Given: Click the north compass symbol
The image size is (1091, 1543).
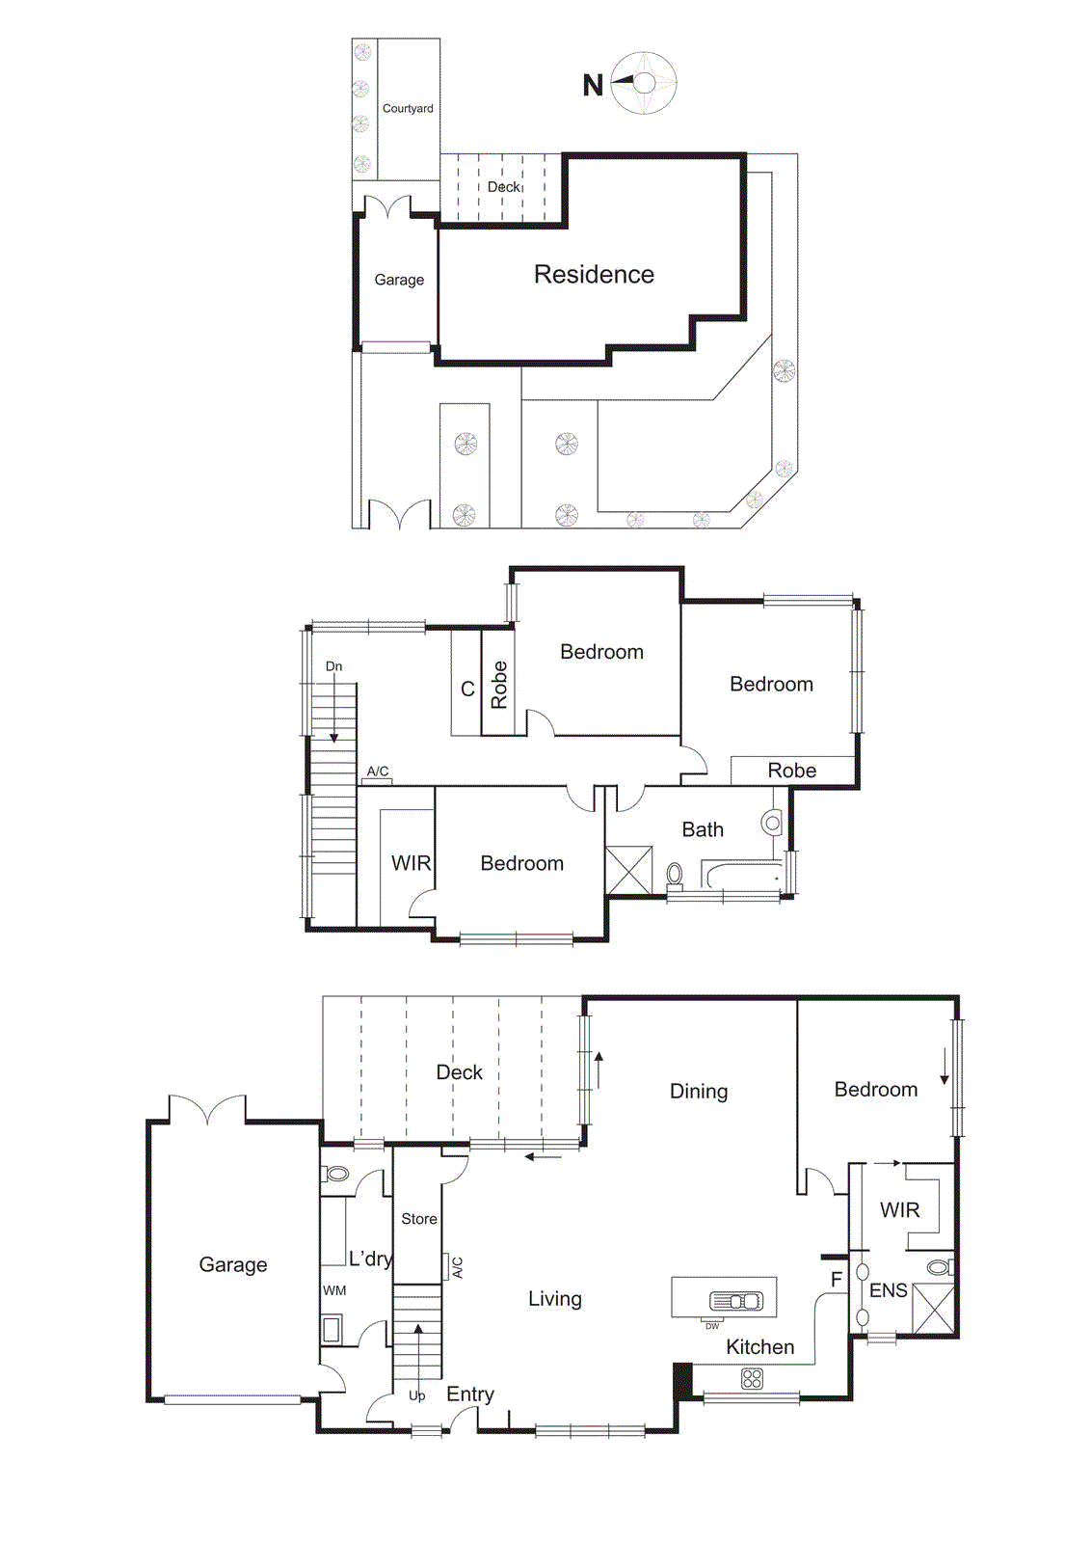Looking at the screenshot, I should click(x=644, y=84).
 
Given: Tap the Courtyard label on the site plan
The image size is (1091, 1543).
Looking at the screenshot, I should click(x=408, y=109).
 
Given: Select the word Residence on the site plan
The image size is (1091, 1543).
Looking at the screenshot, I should click(x=594, y=275).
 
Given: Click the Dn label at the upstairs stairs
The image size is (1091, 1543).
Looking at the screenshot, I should click(x=333, y=666).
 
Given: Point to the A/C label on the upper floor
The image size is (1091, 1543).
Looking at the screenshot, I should click(x=378, y=771).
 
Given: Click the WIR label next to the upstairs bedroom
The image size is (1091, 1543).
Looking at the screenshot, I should click(x=411, y=863).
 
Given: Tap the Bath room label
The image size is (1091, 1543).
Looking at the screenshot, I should click(x=703, y=829).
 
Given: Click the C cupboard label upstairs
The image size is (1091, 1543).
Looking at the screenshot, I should click(x=467, y=690).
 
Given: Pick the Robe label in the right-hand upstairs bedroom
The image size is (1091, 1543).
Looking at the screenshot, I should click(x=791, y=771).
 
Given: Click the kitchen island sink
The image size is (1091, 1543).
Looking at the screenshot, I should click(x=736, y=1301).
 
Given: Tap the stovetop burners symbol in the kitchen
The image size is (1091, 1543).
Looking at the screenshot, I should click(x=752, y=1380).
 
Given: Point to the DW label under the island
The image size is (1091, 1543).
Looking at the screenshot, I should click(x=712, y=1326).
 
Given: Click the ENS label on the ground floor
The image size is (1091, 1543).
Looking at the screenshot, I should click(x=888, y=1290).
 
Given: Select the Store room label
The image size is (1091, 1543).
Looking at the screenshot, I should click(x=419, y=1219).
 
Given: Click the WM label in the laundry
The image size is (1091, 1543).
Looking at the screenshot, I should click(x=334, y=1290).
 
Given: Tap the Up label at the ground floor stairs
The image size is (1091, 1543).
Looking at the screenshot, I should click(x=416, y=1395).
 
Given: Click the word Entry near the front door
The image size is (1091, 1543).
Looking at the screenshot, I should click(x=470, y=1394).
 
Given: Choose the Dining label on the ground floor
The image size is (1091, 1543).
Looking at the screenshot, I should click(x=699, y=1092).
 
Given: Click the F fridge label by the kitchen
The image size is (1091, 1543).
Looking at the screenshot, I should click(x=836, y=1280).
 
